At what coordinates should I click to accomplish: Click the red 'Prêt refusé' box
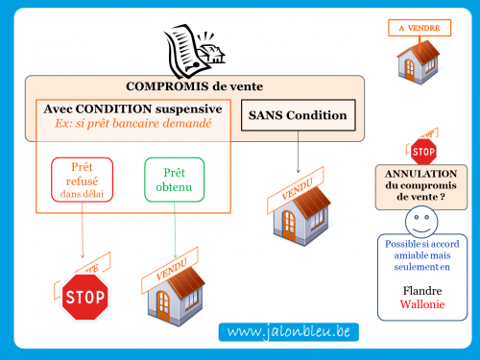click(82, 180)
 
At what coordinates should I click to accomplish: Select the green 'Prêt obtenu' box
click(175, 180)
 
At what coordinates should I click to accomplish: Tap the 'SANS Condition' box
click(298, 116)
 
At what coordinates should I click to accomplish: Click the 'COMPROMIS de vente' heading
click(194, 86)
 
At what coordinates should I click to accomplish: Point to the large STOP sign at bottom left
click(84, 297)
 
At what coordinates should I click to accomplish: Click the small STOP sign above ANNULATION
click(422, 150)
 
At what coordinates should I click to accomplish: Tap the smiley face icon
click(420, 224)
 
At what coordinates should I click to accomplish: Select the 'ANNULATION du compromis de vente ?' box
click(421, 184)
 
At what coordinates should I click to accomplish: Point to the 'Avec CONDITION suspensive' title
click(133, 109)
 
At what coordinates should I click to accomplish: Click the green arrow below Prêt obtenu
click(175, 235)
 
